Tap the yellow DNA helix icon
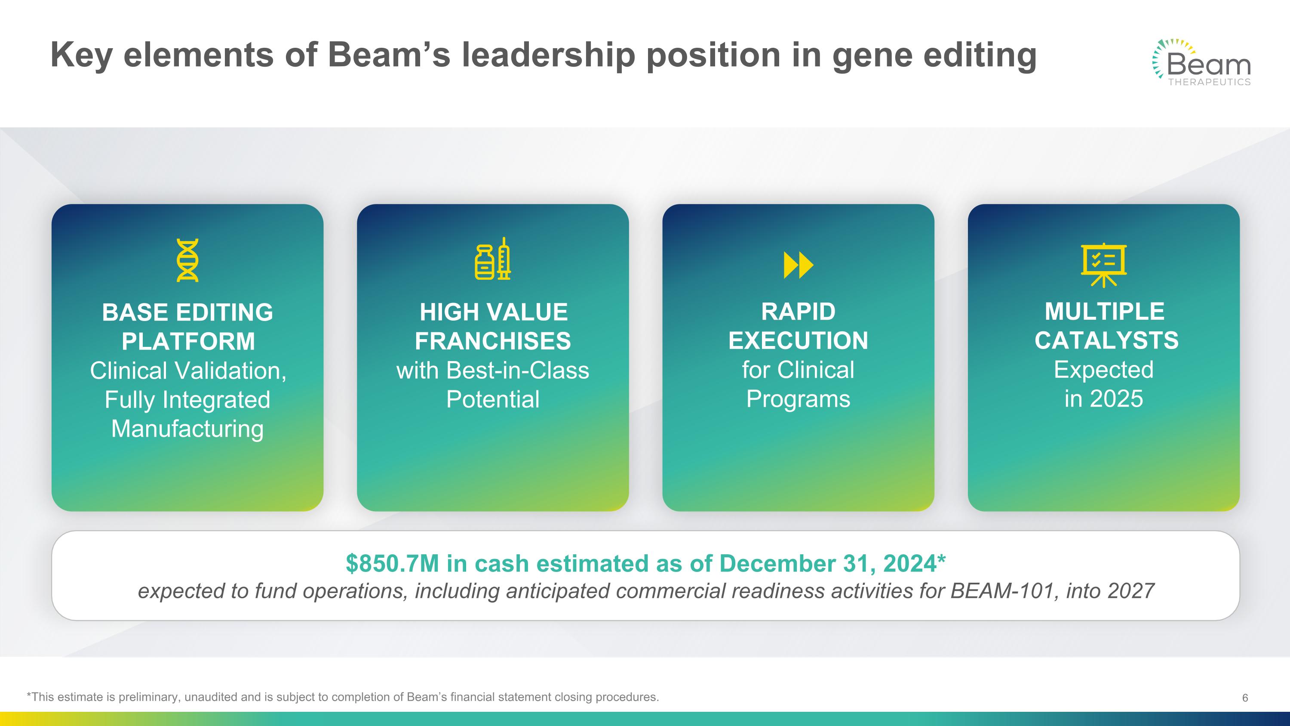[187, 260]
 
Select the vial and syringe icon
[493, 259]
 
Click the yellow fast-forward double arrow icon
[798, 265]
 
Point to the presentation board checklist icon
[1104, 265]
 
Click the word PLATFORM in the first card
[188, 342]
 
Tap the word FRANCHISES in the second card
[493, 341]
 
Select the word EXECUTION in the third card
[798, 341]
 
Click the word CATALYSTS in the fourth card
[1107, 341]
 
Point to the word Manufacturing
[187, 429]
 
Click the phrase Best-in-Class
[517, 371]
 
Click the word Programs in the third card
[798, 399]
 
